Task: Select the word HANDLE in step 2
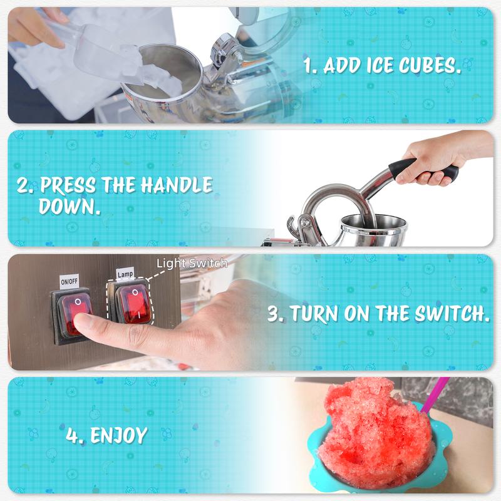click(177, 185)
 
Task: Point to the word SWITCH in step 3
click(452, 314)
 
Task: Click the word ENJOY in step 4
click(119, 435)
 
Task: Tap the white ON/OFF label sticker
click(69, 281)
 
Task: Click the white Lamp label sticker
click(125, 274)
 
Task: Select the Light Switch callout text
click(192, 263)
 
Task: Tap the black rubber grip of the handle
click(422, 168)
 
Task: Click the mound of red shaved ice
click(377, 435)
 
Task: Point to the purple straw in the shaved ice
click(435, 395)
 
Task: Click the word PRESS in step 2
click(68, 185)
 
